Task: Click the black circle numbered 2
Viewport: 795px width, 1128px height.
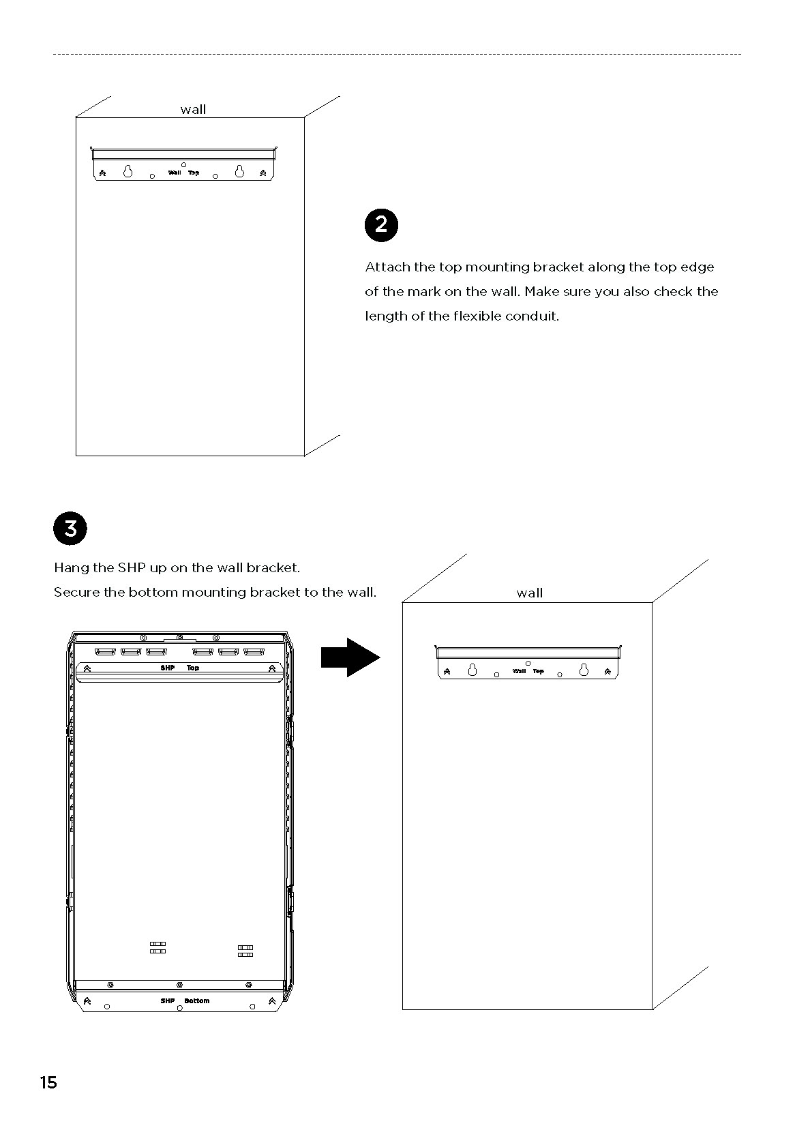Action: [x=381, y=224]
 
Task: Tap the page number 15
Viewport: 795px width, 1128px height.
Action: [x=48, y=1082]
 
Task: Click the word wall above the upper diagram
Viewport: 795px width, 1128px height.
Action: [x=193, y=109]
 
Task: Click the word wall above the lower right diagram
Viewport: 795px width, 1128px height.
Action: [x=529, y=593]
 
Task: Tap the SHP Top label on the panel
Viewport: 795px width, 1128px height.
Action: [x=180, y=668]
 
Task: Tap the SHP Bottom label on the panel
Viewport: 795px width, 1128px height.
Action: [x=185, y=1000]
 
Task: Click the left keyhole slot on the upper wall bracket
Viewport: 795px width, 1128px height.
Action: [x=127, y=171]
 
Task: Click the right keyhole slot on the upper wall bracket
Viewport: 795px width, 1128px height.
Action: [x=239, y=171]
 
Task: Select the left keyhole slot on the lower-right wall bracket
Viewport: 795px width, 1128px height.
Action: [x=472, y=670]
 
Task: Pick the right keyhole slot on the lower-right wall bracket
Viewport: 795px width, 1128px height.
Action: [x=584, y=670]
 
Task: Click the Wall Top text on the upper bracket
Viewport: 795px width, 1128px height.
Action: [x=184, y=173]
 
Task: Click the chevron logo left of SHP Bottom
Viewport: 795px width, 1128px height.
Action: [x=87, y=1000]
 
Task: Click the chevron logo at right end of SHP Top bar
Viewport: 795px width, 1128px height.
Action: [x=272, y=668]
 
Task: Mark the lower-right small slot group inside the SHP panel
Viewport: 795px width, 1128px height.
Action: [x=245, y=951]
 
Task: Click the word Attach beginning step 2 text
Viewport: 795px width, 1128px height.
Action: [x=387, y=267]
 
